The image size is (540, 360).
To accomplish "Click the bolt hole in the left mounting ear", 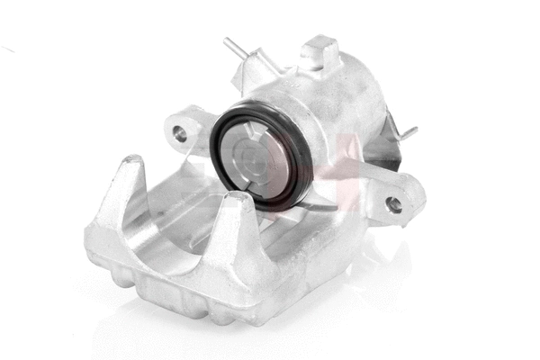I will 180,134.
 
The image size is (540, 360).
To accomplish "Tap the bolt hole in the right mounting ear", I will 393,204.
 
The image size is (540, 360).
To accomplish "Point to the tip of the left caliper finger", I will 132,163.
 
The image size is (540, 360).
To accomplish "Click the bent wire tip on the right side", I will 410,133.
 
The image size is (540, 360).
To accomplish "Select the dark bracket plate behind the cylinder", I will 387,148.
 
